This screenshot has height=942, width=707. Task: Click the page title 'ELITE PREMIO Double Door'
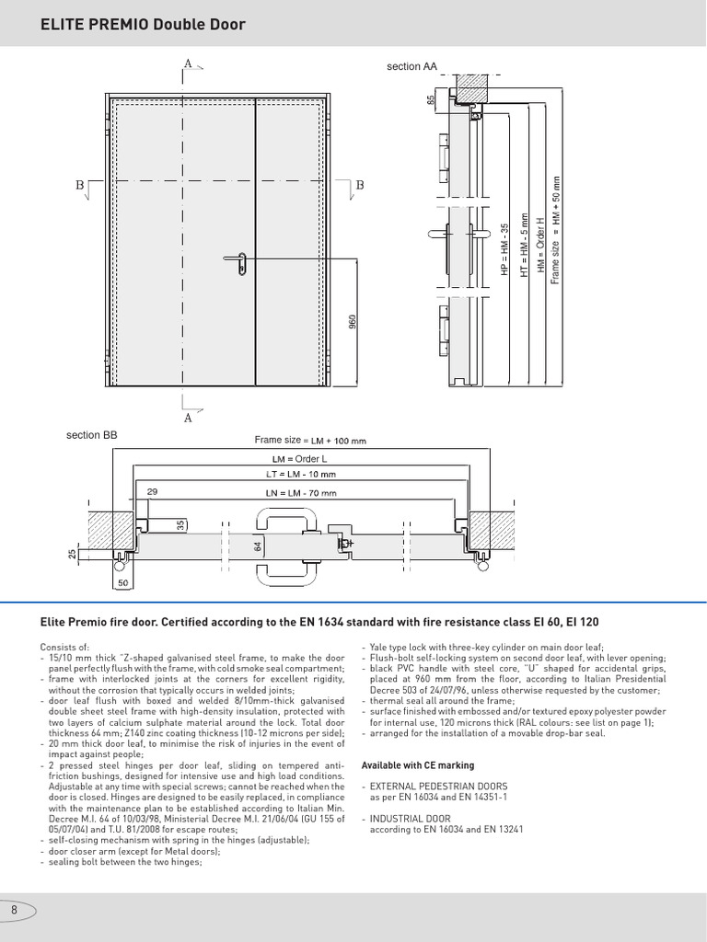(x=143, y=24)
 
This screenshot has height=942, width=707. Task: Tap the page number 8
(x=15, y=910)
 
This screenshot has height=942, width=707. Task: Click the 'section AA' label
(x=411, y=66)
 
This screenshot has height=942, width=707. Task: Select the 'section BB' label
(x=92, y=434)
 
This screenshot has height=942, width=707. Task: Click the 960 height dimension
(x=352, y=323)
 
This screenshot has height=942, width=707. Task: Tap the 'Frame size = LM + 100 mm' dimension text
(x=310, y=441)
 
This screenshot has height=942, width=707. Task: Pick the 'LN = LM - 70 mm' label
(x=301, y=492)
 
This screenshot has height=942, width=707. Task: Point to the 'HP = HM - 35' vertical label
(x=504, y=249)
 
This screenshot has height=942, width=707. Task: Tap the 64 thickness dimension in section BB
(x=259, y=546)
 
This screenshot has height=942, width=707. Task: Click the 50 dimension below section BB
(x=123, y=583)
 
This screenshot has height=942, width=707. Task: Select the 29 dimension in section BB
(x=153, y=492)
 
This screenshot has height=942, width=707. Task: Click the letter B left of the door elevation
(x=80, y=185)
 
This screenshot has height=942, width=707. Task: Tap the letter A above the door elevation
(x=188, y=63)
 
